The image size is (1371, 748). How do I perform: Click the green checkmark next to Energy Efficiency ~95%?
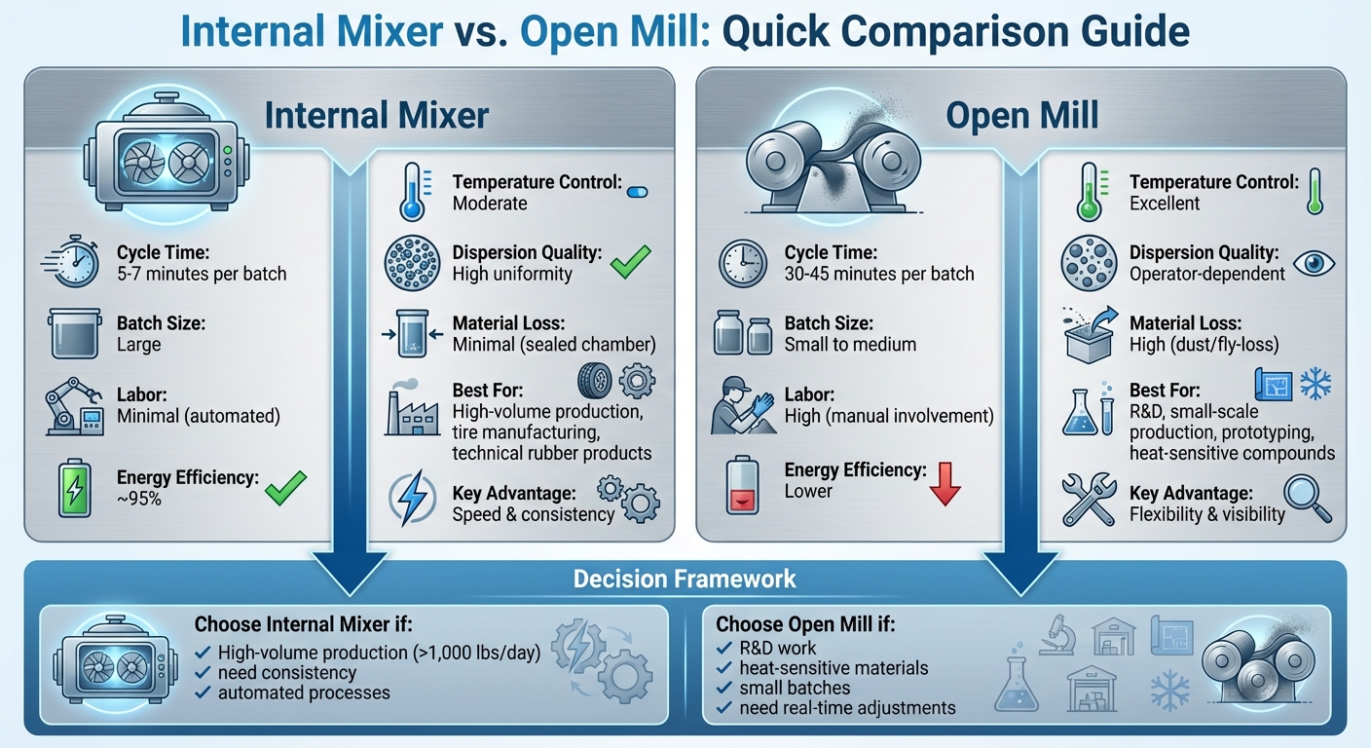[286, 486]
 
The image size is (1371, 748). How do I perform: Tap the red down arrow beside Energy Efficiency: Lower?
[945, 484]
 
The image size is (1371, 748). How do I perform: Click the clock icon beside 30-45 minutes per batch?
[745, 264]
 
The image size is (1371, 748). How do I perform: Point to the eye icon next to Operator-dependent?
[1314, 263]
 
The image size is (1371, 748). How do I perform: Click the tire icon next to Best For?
[595, 380]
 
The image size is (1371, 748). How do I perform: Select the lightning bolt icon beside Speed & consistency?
[413, 501]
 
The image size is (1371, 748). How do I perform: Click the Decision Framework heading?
[685, 580]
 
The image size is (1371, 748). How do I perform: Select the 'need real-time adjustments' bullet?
[847, 708]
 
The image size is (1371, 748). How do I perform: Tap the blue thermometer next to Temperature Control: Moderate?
[413, 192]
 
